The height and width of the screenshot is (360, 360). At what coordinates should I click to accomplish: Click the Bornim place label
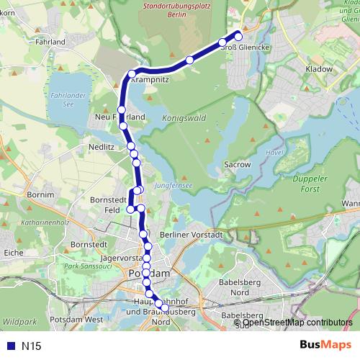(40, 194)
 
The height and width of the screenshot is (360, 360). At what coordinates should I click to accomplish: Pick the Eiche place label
(14, 253)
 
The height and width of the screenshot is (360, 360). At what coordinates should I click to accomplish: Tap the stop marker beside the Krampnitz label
(132, 74)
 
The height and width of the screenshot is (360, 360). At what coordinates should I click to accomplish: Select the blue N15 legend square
(9, 346)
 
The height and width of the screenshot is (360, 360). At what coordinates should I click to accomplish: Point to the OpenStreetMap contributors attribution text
(297, 322)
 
